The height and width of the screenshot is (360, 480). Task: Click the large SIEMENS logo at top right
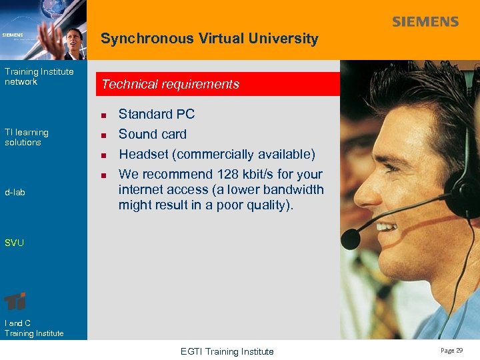click(425, 22)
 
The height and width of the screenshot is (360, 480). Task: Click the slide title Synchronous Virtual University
click(209, 39)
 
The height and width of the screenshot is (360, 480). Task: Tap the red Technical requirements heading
click(170, 85)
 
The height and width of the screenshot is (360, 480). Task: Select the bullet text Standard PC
click(157, 114)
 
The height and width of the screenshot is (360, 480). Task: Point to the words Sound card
click(153, 134)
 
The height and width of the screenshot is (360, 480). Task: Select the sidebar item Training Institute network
click(39, 77)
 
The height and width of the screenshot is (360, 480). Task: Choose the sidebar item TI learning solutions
click(27, 137)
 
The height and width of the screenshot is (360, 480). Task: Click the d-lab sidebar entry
click(15, 192)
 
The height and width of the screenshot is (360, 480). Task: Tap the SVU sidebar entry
click(14, 243)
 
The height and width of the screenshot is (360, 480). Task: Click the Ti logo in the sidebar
click(15, 301)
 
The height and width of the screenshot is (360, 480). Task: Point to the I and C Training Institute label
click(34, 328)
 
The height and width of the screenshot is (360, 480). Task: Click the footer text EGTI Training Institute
click(227, 351)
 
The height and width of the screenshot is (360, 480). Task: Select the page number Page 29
click(451, 351)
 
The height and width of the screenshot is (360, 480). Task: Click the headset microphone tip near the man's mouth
click(351, 238)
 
